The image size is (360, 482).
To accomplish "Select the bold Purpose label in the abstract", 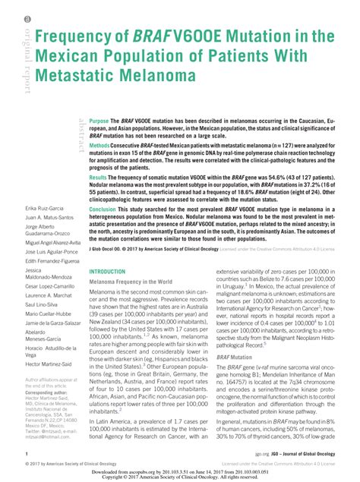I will (99, 121).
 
